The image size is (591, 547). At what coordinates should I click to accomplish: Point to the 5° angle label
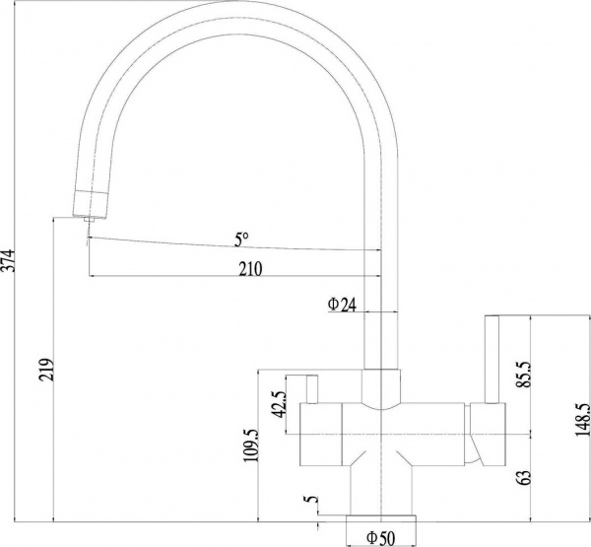pyautogui.click(x=242, y=239)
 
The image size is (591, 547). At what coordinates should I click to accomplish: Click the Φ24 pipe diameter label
pyautogui.click(x=341, y=306)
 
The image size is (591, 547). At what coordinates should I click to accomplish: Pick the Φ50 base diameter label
pyautogui.click(x=380, y=537)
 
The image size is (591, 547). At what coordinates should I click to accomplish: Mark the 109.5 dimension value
pyautogui.click(x=250, y=444)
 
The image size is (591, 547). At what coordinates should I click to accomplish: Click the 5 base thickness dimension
pyautogui.click(x=312, y=503)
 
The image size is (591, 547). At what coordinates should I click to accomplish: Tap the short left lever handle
pyautogui.click(x=308, y=390)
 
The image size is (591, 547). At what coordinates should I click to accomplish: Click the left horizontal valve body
pyautogui.click(x=325, y=434)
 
